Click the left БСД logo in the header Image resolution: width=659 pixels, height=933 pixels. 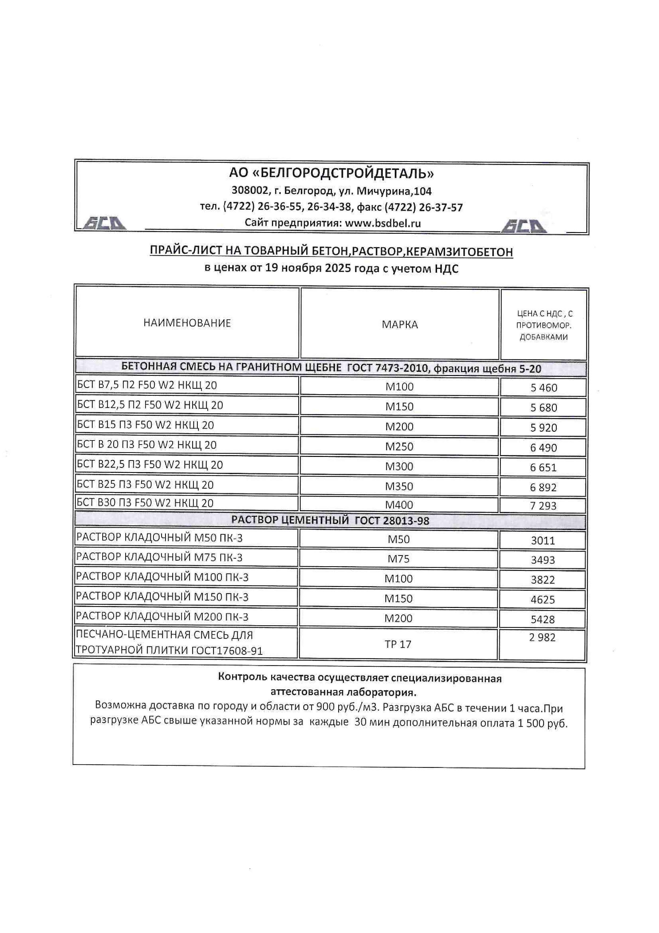tap(104, 223)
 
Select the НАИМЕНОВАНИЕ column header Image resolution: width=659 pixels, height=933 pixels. tap(187, 323)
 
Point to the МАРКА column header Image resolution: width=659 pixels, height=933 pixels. tap(400, 324)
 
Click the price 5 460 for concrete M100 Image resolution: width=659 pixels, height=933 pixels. tap(544, 388)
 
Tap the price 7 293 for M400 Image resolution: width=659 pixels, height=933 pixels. tap(543, 506)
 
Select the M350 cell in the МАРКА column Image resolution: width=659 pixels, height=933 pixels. tap(399, 486)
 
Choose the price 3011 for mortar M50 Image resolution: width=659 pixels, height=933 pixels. tap(543, 540)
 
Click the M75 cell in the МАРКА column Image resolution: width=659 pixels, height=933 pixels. tap(398, 559)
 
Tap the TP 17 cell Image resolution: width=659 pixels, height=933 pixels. tap(398, 644)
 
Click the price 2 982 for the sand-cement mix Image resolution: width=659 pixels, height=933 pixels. tap(542, 638)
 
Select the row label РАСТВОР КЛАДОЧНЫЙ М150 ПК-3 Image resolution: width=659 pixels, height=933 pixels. tap(162, 597)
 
